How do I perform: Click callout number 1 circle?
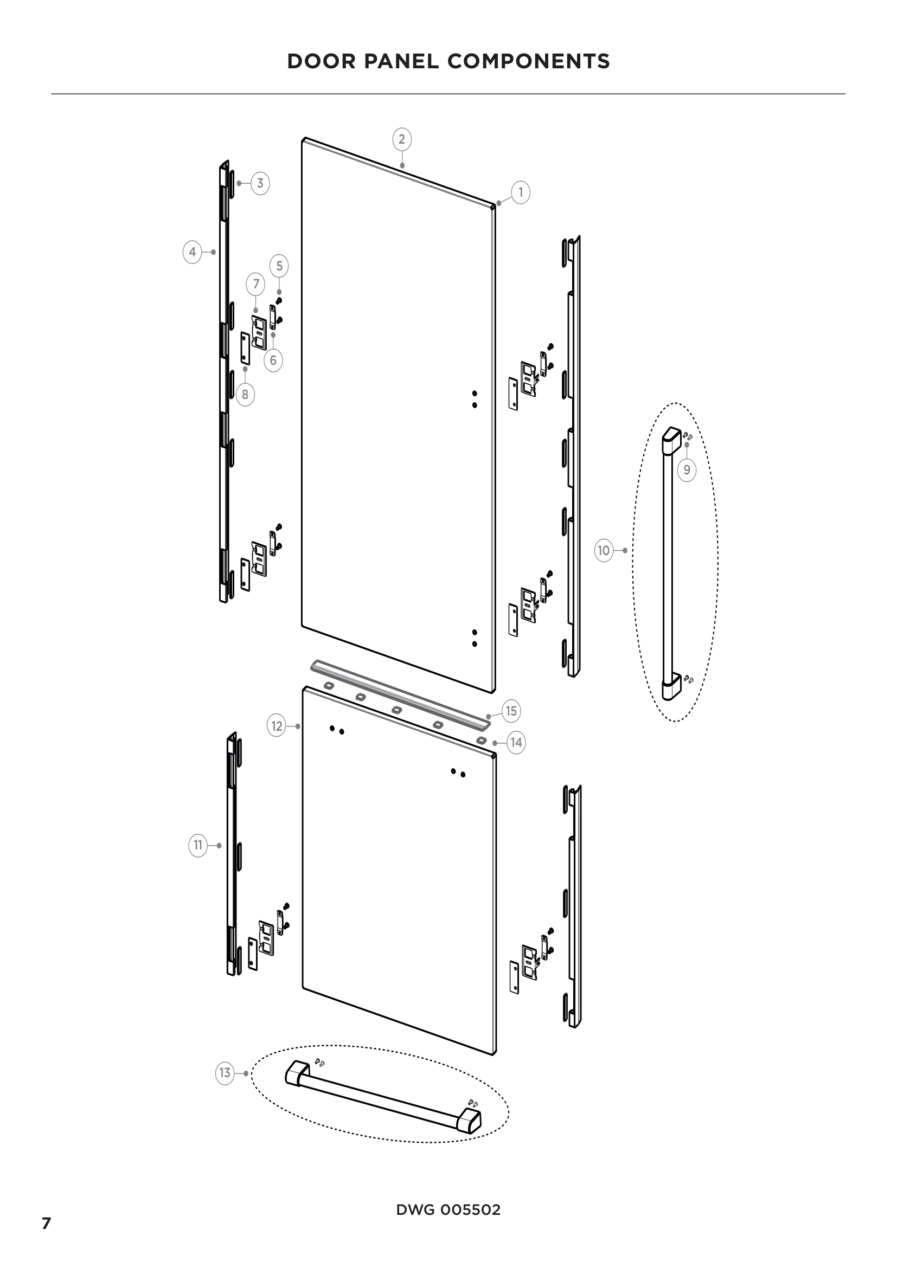(520, 192)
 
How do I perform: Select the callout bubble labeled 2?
(401, 139)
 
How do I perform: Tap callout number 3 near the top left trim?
(260, 183)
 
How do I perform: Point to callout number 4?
(192, 253)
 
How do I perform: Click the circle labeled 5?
(279, 266)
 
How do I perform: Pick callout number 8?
(245, 394)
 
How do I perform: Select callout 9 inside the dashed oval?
(687, 469)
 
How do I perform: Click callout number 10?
(604, 550)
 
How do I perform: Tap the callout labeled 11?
(198, 845)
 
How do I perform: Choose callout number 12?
(277, 726)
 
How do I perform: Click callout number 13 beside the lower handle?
(225, 1072)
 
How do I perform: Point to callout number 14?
(516, 742)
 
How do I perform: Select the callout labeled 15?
(511, 711)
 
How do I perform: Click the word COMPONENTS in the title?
(529, 61)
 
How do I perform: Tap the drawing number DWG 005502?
(448, 1209)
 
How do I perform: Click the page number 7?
(47, 1222)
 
